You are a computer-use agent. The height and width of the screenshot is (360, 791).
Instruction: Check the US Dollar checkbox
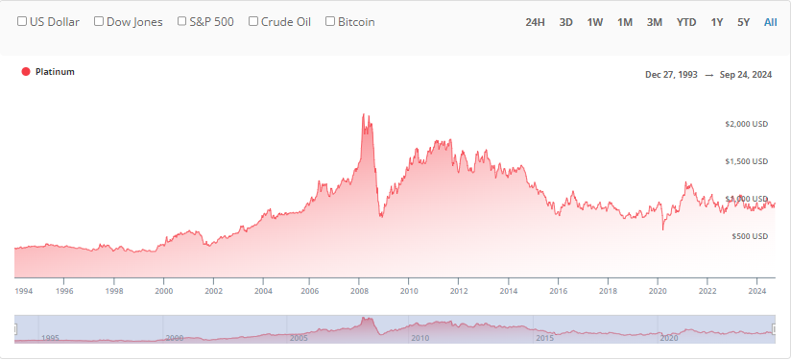tap(22, 21)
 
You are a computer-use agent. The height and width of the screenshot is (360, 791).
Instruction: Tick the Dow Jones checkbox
tap(98, 21)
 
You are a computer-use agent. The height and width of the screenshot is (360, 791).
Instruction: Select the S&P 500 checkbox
tap(182, 21)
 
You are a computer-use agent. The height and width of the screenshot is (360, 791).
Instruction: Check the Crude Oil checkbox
tap(252, 21)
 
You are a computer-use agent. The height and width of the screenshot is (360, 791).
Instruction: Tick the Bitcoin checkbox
tap(330, 21)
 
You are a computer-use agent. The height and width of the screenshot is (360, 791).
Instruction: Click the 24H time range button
tap(536, 21)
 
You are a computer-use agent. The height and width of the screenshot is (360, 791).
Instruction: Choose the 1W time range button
tap(595, 21)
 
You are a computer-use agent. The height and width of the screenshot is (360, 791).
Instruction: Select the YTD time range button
tap(686, 21)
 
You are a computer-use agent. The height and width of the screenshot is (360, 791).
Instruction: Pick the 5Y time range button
tap(744, 21)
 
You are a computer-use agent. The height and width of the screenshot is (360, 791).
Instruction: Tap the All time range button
tap(770, 21)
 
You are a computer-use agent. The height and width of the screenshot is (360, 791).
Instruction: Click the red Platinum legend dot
tap(26, 72)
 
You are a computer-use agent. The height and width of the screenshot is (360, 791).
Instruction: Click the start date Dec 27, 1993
tap(672, 74)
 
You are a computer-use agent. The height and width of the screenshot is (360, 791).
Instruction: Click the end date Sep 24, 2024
tap(746, 74)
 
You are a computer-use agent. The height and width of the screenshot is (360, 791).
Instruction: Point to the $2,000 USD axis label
tap(746, 124)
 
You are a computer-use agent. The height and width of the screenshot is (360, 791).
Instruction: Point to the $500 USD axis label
tap(749, 236)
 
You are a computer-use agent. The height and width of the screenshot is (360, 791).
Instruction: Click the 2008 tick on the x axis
tap(359, 289)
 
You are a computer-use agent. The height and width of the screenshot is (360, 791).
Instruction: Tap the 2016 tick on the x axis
tap(558, 289)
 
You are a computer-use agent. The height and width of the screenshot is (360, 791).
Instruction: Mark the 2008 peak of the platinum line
tap(363, 114)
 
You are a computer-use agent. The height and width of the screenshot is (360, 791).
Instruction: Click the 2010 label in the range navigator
tap(419, 338)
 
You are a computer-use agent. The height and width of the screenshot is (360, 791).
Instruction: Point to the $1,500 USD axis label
tap(746, 161)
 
